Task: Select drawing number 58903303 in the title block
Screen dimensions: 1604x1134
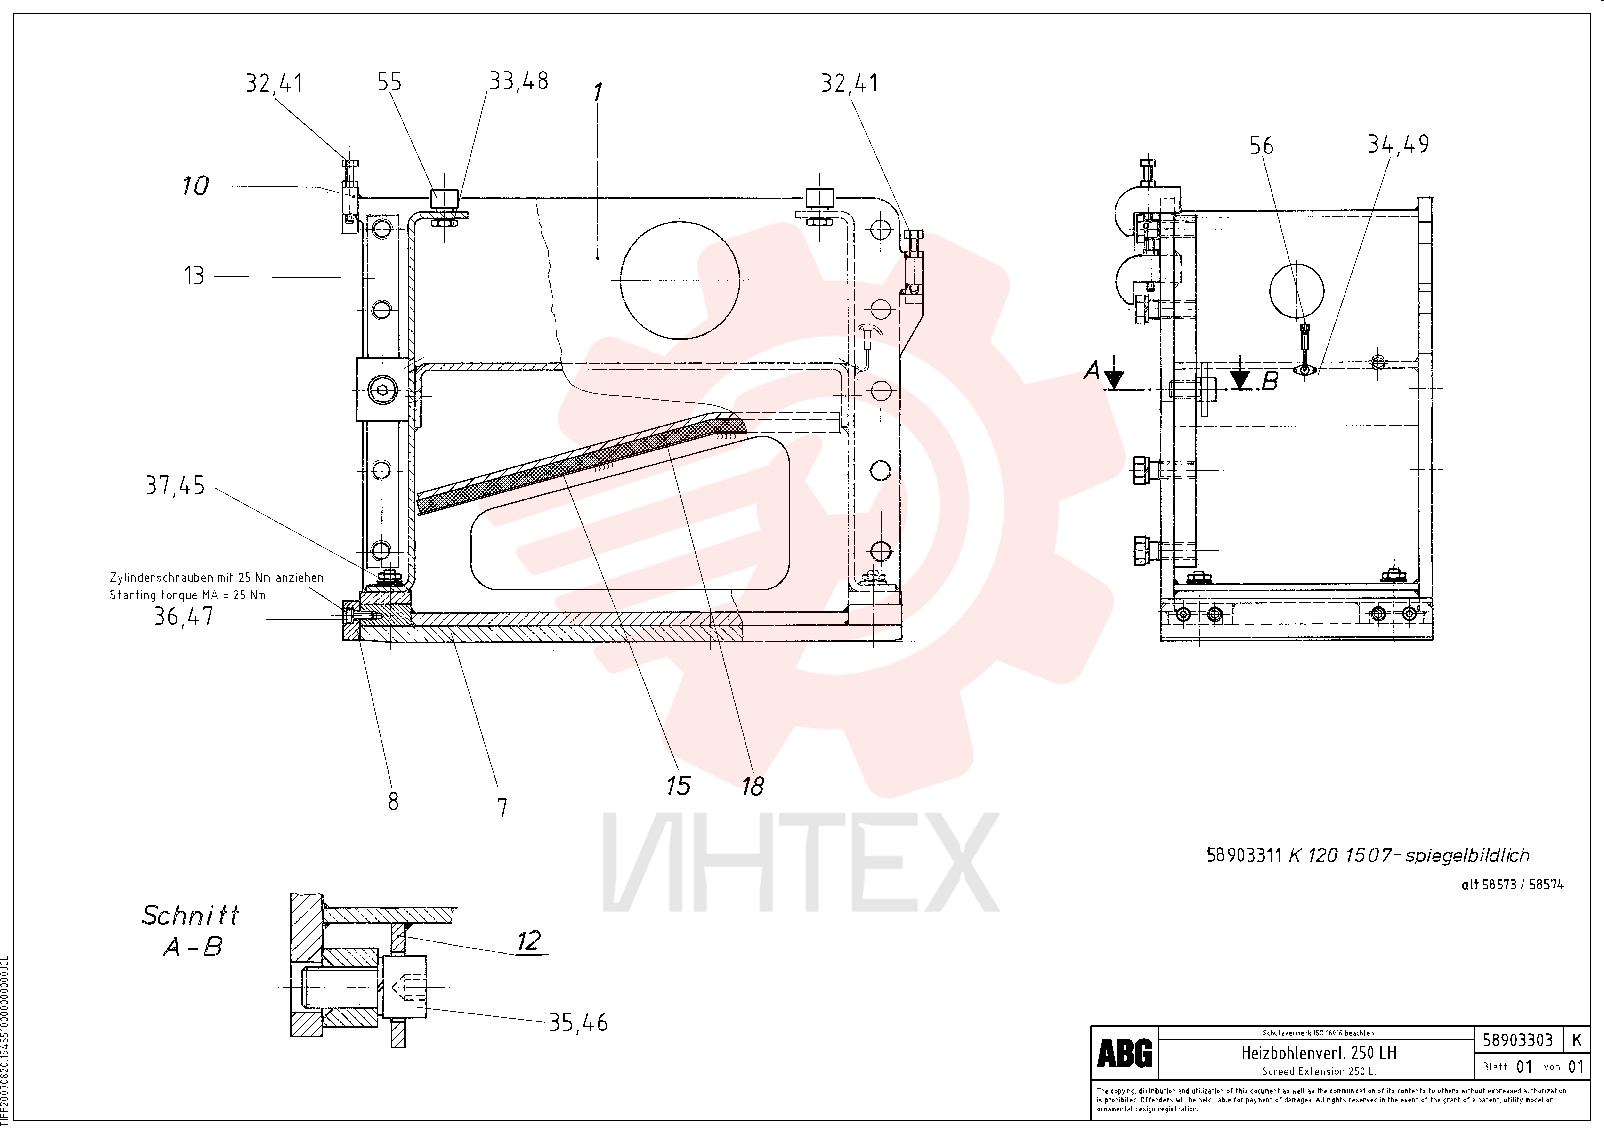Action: point(1517,1040)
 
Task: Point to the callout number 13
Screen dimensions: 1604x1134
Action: point(194,276)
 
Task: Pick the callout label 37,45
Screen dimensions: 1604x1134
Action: point(175,485)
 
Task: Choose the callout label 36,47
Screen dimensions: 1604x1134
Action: point(184,617)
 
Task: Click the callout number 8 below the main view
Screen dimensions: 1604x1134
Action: point(393,802)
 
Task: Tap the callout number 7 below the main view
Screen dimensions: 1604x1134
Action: point(502,808)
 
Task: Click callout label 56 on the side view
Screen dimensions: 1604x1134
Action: point(1261,145)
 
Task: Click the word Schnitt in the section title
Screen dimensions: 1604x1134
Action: point(191,915)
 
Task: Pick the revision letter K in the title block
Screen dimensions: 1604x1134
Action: point(1576,1040)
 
